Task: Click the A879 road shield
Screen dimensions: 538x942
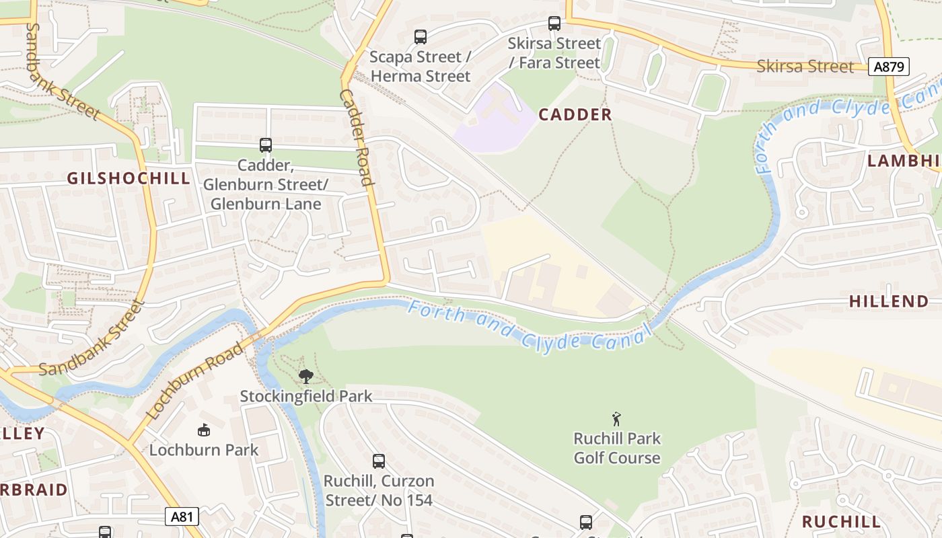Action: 888,67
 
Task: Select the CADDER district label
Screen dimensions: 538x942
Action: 575,115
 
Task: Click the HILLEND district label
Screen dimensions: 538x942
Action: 888,301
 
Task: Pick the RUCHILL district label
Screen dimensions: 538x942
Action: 840,522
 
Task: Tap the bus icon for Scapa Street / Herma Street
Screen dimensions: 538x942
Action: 421,37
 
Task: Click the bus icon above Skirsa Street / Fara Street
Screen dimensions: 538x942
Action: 554,24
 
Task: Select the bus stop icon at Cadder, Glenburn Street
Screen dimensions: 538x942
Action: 266,145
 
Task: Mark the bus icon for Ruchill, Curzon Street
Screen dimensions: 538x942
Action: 379,461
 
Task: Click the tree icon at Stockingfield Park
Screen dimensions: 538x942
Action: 306,376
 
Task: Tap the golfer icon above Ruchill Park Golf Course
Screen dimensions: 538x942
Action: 616,419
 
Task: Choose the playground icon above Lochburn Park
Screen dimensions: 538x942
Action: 203,430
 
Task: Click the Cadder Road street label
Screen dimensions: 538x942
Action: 356,137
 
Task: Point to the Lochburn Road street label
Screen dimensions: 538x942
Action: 194,381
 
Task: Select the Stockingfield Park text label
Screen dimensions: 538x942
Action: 306,396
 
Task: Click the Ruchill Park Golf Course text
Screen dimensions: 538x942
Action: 617,449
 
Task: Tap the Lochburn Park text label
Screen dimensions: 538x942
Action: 204,450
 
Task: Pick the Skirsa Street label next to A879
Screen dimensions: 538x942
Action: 805,67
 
